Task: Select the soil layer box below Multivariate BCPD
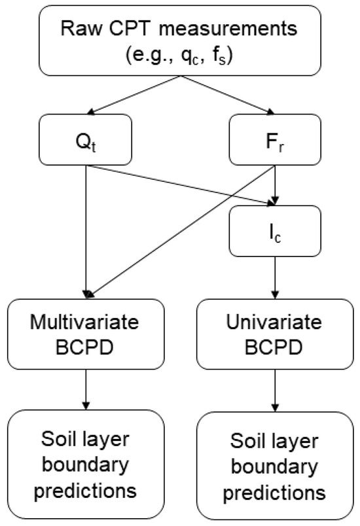(87, 462)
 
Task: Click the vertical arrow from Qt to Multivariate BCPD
(87, 229)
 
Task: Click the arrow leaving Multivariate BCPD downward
(87, 393)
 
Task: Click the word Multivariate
(87, 324)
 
